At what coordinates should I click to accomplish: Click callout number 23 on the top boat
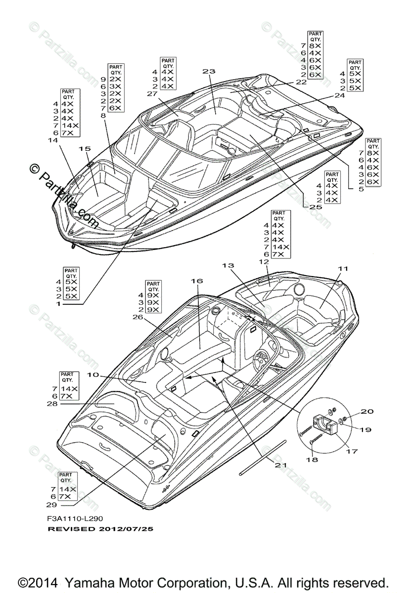209,72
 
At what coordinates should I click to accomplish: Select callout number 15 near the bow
84,148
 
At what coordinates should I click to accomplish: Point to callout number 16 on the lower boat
197,281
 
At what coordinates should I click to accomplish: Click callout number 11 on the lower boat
343,268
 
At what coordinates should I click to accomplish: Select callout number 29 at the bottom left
51,505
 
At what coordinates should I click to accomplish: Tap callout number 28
51,404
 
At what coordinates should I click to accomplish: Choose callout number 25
316,208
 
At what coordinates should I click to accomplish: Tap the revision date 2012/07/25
126,529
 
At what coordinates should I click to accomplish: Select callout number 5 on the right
361,189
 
